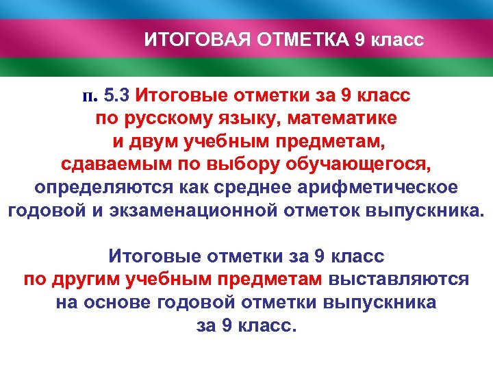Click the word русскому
coord(168,118)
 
